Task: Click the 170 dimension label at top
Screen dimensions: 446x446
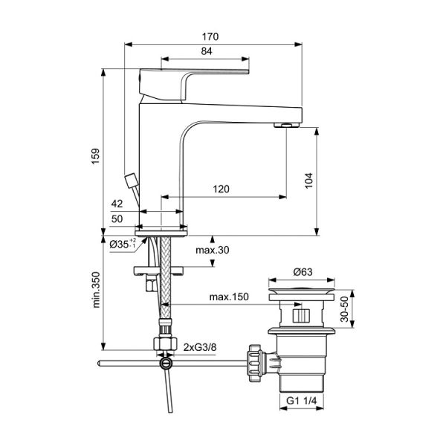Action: pos(210,36)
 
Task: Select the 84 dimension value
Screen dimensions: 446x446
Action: pos(207,51)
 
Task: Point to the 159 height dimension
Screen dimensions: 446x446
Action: pos(95,156)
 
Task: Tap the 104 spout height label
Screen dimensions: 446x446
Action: pos(308,180)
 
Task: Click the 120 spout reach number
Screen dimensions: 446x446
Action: pos(221,189)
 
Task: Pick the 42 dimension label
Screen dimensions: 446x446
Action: pos(117,204)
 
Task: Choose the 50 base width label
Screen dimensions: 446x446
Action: pos(117,219)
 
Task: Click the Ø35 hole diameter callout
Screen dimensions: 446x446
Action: pos(123,244)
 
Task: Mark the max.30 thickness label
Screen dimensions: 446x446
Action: pos(212,250)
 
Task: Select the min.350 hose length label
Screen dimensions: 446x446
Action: pos(97,290)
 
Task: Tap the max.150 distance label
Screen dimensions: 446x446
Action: pos(229,297)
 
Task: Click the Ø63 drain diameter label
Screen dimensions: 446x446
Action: pos(303,272)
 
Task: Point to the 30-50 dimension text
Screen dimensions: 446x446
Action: pos(344,309)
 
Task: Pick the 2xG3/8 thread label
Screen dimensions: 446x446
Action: pos(200,347)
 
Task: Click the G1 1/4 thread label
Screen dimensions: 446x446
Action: pos(301,401)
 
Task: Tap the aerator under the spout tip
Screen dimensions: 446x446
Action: pos(287,125)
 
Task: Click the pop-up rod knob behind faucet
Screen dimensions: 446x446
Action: pos(132,181)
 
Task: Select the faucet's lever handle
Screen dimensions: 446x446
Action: pos(193,85)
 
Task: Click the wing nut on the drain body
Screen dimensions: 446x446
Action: pos(255,363)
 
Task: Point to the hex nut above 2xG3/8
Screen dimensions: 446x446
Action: pos(165,343)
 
